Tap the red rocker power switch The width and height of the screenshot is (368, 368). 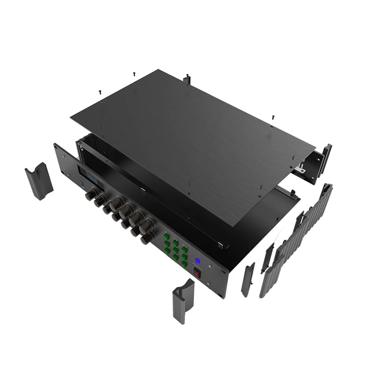(197, 273)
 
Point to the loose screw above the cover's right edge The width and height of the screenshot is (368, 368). (273, 118)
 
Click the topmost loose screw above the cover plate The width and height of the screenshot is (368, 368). (134, 74)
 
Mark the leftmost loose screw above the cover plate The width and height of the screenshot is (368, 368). (100, 91)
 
